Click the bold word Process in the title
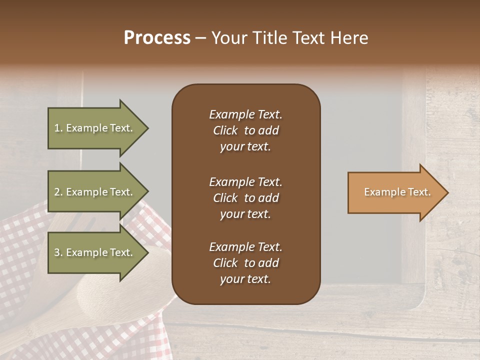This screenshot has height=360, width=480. coord(157,38)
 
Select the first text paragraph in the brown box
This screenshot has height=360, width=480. coord(245,130)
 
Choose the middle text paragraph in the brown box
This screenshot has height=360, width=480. coord(245,198)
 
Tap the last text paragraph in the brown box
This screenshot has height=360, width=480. coord(245,263)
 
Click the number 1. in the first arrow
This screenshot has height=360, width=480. coord(58,128)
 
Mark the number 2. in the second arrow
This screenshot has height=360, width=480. coord(58,192)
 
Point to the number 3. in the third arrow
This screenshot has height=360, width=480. coord(58,253)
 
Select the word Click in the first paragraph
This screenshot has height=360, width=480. coord(225,130)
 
